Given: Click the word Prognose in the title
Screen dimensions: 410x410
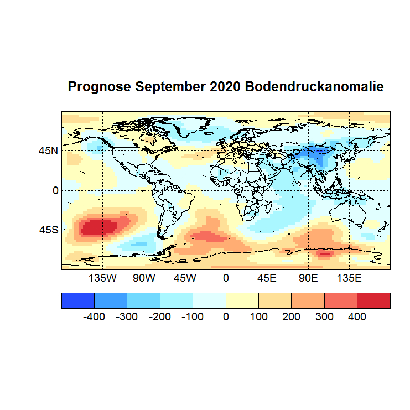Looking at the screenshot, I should [x=99, y=87].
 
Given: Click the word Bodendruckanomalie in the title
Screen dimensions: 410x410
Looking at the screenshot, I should [x=314, y=87].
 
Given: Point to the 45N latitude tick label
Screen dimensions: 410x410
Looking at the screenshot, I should [x=48, y=150].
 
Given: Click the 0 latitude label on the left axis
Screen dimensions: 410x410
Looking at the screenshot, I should [x=55, y=190].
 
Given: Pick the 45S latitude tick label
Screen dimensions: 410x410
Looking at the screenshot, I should [x=48, y=230].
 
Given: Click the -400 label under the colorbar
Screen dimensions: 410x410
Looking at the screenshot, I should [x=94, y=317].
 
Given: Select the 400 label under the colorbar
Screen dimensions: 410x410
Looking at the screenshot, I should [x=357, y=317].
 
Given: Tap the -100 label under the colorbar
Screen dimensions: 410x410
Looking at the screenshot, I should [x=193, y=317].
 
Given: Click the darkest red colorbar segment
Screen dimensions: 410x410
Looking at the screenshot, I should [x=373, y=300].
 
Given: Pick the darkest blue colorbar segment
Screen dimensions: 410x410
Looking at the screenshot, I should [x=78, y=300].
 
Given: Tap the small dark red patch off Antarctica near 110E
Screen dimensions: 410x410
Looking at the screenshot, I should [x=324, y=255].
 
